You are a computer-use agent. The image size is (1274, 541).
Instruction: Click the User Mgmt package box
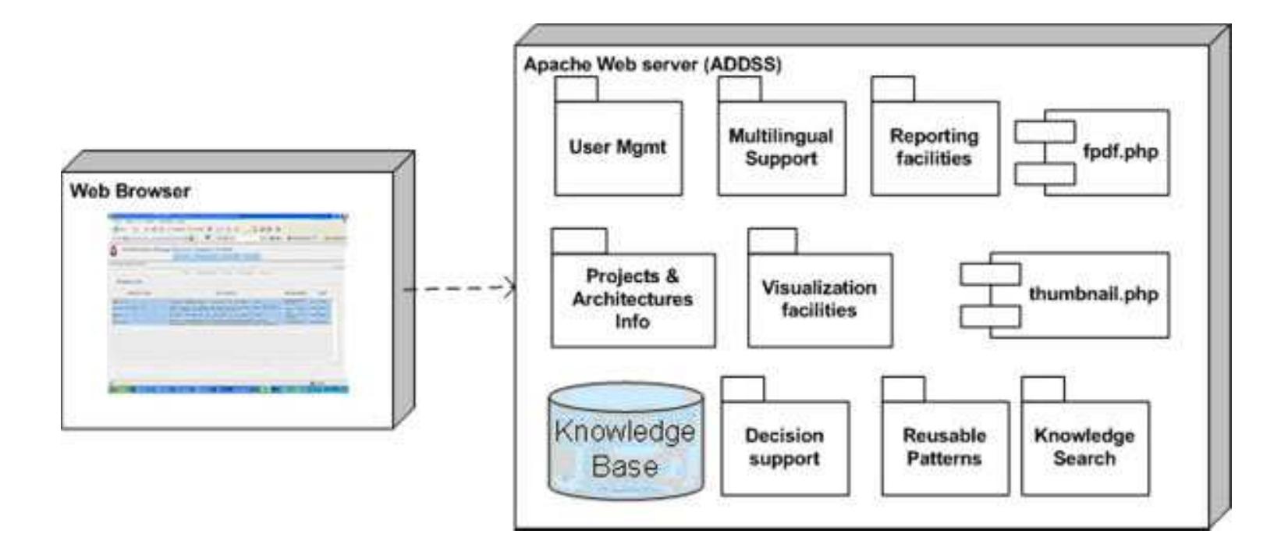pos(618,148)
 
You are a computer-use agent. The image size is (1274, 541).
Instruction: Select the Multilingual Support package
pos(781,148)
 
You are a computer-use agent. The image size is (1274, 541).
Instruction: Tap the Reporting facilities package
pos(934,148)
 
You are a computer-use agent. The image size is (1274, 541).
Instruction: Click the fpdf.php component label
pos(1120,151)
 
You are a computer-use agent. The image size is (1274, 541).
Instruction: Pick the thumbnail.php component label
pos(1092,294)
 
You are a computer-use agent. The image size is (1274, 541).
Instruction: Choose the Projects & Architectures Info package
pos(632,299)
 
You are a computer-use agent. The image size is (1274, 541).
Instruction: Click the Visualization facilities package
pos(819,299)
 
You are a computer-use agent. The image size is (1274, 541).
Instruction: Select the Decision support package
pos(784,447)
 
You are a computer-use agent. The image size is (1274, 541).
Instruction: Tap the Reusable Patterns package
pos(944,447)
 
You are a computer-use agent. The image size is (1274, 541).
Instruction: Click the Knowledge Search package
pos(1084,447)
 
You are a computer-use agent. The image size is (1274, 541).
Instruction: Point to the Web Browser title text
pos(130,190)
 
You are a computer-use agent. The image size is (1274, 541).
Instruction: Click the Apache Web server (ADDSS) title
pos(652,65)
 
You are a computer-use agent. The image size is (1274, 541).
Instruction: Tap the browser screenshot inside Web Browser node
pos(228,303)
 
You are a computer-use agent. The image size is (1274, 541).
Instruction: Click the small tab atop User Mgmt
pos(576,89)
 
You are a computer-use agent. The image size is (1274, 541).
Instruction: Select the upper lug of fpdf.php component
pos(1045,132)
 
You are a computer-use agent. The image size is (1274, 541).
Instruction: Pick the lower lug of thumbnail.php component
pos(990,316)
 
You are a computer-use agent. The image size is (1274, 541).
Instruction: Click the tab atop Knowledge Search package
pos(1042,390)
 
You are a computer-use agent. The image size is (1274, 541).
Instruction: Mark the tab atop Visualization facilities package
pos(772,241)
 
